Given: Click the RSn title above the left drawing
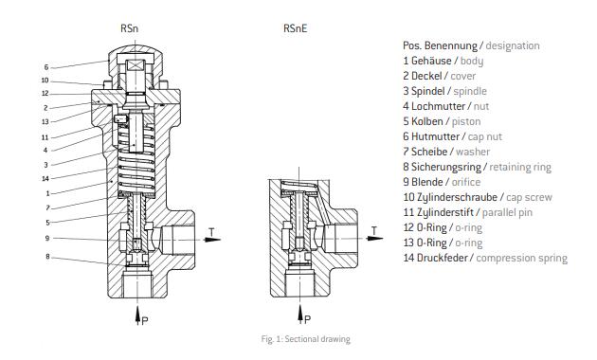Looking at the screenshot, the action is pos(130,28).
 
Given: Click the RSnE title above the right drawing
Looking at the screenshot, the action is pos(295,28).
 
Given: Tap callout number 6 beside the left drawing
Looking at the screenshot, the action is pos(46,67).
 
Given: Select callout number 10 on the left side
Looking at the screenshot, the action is pos(45,81).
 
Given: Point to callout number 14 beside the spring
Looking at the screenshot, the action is pos(45,178).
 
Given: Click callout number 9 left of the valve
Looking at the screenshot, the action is pos(47,238).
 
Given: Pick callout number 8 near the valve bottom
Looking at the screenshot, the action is pos(47,257).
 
